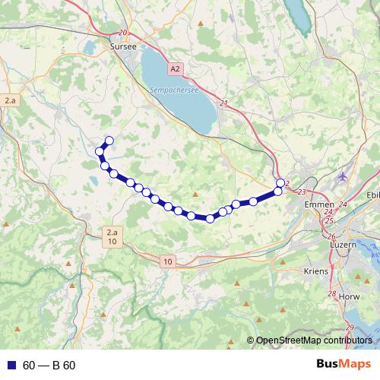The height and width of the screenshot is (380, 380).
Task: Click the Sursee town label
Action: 122,46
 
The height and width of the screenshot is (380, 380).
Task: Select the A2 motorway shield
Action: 176,68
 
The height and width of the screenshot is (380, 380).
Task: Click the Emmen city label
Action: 314,204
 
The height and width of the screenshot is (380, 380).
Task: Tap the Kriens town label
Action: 315,271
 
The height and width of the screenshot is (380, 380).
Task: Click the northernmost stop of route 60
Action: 109,140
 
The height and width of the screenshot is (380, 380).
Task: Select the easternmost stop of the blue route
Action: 280,182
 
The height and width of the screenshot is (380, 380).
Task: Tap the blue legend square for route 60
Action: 10,365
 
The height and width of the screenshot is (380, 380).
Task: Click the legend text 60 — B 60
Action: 49,365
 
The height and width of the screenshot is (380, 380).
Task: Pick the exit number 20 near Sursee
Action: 124,33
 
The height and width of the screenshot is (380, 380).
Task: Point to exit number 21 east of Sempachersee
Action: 223,103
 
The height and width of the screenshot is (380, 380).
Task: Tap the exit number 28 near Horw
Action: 331,293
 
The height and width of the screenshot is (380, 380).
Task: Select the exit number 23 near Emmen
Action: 302,192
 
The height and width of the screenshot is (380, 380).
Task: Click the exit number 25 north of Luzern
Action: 328,220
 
